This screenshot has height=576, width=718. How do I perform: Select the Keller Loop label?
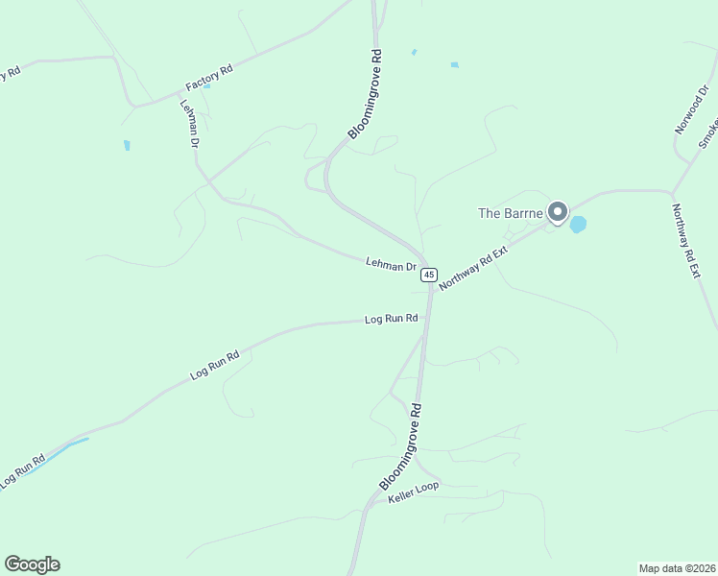pyautogui.click(x=414, y=492)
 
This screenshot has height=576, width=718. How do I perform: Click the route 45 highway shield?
pyautogui.click(x=428, y=275)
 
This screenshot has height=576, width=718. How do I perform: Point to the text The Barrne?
pyautogui.click(x=511, y=212)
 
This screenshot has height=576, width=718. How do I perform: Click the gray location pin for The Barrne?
pyautogui.click(x=558, y=213)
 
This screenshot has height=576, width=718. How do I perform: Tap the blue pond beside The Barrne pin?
pyautogui.click(x=578, y=225)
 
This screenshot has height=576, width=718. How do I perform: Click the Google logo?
pyautogui.click(x=32, y=564)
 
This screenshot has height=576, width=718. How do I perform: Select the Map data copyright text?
pyautogui.click(x=677, y=567)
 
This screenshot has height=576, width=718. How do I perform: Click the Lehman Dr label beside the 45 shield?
pyautogui.click(x=391, y=263)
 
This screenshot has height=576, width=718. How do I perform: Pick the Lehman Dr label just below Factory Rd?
pyautogui.click(x=189, y=123)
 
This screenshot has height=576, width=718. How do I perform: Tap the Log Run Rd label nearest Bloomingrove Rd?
pyautogui.click(x=392, y=319)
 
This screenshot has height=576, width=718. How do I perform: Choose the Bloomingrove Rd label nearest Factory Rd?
pyautogui.click(x=366, y=95)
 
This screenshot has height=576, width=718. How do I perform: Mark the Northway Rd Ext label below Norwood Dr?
pyautogui.click(x=685, y=241)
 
